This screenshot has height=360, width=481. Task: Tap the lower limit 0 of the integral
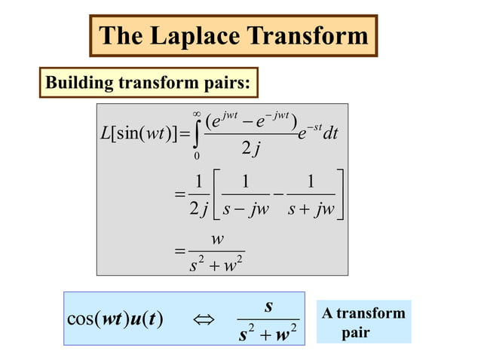pos(197,157)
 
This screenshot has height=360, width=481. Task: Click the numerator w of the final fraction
pos(217,239)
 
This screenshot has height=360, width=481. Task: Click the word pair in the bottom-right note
pos(355,332)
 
